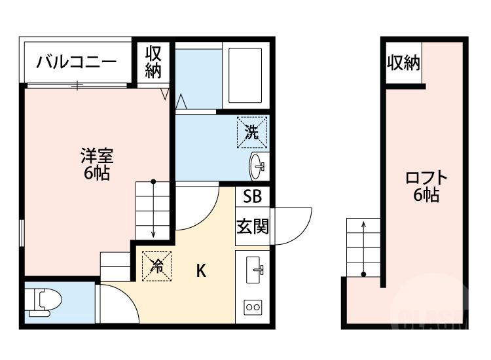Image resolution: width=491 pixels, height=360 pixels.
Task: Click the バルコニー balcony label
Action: (77, 63)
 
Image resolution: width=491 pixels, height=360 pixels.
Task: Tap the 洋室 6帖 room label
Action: (96, 164)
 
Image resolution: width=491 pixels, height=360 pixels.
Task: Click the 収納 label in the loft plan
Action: (403, 63)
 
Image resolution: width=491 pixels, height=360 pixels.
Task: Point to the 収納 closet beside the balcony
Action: (153, 62)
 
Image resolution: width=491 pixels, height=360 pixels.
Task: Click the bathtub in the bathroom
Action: (245, 76)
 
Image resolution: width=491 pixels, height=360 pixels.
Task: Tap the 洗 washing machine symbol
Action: (252, 132)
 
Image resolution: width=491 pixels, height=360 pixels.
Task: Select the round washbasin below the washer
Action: (257, 167)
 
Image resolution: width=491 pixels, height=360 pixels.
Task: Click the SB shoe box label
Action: (252, 196)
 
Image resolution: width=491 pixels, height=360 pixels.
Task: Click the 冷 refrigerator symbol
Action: (156, 266)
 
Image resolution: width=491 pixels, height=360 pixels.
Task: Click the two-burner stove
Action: (253, 306)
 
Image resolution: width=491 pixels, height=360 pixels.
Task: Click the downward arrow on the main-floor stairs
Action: (153, 209)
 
